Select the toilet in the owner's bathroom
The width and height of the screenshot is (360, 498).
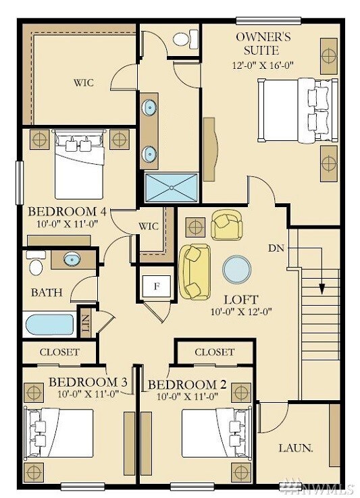tap(183, 39)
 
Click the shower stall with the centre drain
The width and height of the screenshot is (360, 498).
tap(172, 187)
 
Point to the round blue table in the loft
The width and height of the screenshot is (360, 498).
tap(237, 270)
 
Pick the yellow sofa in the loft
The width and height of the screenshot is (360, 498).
tap(194, 271)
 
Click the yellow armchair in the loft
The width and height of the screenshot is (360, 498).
tap(226, 225)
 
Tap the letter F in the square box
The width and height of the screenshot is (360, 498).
tap(157, 286)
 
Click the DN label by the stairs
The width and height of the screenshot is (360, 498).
tap(276, 248)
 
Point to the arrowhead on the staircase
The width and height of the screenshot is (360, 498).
tap(322, 289)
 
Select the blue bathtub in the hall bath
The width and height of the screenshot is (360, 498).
tap(49, 325)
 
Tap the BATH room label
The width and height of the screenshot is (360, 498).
tap(47, 293)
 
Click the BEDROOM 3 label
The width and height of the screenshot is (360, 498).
tap(88, 383)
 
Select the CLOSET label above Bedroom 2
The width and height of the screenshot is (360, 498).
tap(214, 352)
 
